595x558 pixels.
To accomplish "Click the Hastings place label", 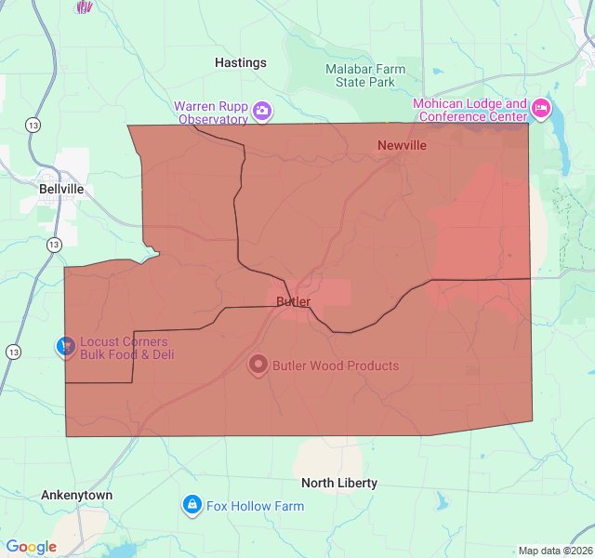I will click(x=240, y=62).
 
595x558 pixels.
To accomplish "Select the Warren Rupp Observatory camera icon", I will click(x=262, y=112).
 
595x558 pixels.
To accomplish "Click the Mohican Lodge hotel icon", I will click(x=540, y=110).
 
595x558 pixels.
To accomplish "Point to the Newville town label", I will click(x=402, y=145).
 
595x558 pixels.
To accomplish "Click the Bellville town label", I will click(x=61, y=188).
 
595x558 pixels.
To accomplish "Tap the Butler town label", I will click(x=293, y=301).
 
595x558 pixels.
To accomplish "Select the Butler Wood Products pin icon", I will click(x=258, y=365).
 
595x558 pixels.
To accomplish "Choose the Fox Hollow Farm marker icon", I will click(x=192, y=505).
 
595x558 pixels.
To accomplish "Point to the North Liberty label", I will click(x=339, y=483).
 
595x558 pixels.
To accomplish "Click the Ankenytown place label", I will click(x=76, y=495).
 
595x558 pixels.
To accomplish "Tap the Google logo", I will click(x=31, y=547).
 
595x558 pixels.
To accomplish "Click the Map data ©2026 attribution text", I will click(x=554, y=551).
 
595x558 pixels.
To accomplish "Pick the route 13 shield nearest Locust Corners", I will click(x=13, y=352).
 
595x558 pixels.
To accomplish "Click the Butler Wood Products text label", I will click(x=335, y=365).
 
